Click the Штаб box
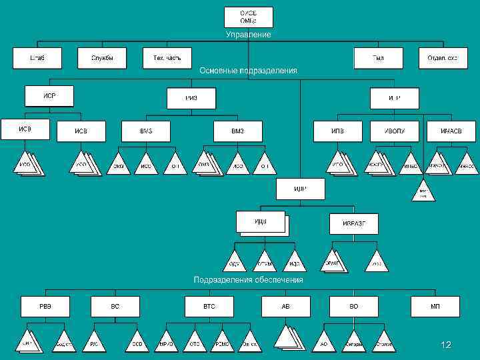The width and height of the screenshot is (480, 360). [x=37, y=58]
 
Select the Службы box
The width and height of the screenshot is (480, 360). [x=102, y=58]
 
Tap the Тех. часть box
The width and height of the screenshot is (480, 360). [x=167, y=58]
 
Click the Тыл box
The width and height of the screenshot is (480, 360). [x=378, y=58]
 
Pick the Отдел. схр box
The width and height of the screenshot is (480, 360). [x=443, y=58]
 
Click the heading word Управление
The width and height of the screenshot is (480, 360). [x=248, y=34]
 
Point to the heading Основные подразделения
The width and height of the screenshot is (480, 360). [x=248, y=70]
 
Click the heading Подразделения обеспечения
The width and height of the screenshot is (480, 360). [x=248, y=280]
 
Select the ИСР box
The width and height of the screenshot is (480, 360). [x=49, y=96]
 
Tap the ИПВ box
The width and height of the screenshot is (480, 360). [x=338, y=131]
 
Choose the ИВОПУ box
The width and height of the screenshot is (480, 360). [x=395, y=131]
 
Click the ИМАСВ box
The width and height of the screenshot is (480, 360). [x=451, y=131]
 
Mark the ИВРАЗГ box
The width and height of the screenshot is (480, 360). [x=353, y=223]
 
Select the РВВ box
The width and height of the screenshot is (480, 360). [x=45, y=306]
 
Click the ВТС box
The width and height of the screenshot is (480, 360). [x=209, y=306]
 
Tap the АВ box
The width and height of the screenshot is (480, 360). [x=285, y=306]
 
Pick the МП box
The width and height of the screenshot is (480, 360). [x=435, y=306]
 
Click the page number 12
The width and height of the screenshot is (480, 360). [x=446, y=345]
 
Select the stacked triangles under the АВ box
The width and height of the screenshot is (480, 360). [x=291, y=338]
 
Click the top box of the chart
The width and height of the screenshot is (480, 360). [x=248, y=17]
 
